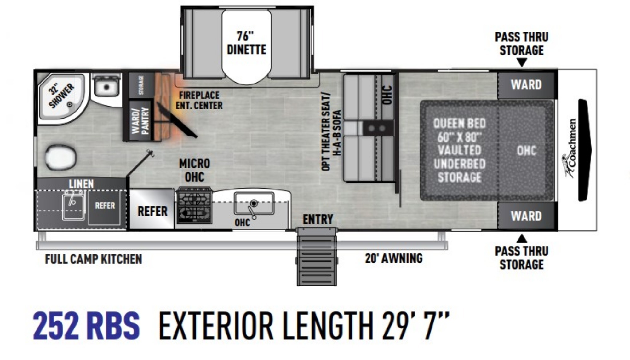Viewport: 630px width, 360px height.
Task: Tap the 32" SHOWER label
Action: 61,96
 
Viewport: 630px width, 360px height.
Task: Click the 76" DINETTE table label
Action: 246,43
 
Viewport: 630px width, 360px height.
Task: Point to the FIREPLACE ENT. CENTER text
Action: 199,100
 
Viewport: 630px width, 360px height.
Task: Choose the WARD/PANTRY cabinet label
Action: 140,120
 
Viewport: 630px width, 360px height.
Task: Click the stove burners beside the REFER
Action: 195,205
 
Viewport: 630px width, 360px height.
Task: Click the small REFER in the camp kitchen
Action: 105,206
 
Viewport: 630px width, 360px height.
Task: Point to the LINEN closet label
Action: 81,184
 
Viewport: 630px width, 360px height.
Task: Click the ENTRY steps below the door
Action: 317,257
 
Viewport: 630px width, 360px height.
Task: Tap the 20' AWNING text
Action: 394,258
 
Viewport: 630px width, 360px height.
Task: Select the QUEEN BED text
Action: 459,123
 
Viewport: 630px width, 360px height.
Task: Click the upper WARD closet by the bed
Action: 526,85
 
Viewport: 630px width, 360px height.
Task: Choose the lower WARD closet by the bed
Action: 526,216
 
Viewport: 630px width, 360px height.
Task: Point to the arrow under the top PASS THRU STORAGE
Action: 522,63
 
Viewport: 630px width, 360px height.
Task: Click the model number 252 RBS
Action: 86,325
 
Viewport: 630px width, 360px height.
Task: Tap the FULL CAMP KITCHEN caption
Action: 94,259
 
